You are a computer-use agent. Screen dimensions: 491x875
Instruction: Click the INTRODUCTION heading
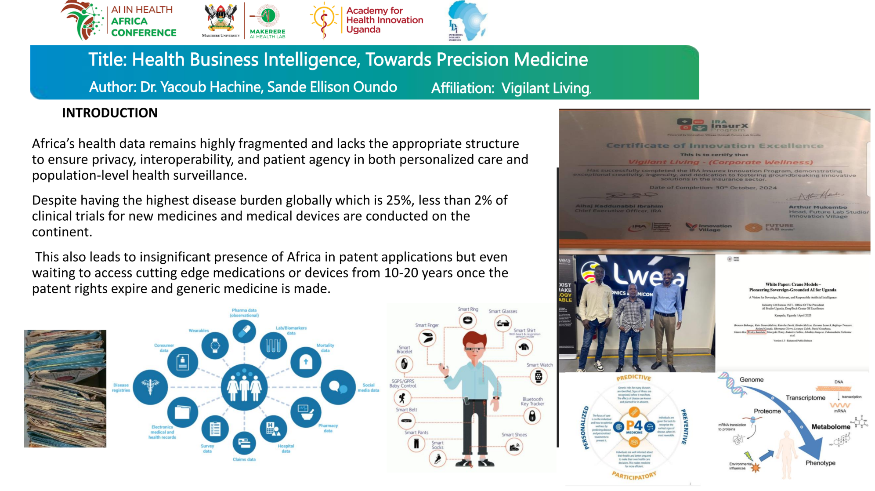[x=109, y=113]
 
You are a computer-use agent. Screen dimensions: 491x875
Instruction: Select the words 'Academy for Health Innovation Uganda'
[x=384, y=20]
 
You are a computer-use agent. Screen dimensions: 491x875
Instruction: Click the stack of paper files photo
[x=65, y=389]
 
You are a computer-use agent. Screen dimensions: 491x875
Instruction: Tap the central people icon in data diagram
[x=244, y=387]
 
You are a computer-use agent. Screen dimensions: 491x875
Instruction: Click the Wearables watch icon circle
[x=215, y=346]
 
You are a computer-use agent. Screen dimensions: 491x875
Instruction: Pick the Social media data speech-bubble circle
[x=337, y=387]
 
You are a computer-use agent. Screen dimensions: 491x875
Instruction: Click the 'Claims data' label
[x=244, y=459]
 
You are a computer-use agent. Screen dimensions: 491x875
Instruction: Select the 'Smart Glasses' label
[x=503, y=311]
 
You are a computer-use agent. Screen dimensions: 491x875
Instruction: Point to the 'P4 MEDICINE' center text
[x=634, y=426]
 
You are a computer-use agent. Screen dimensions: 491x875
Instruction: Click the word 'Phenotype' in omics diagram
[x=820, y=463]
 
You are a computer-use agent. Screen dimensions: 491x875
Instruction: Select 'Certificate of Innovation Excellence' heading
[x=715, y=145]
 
